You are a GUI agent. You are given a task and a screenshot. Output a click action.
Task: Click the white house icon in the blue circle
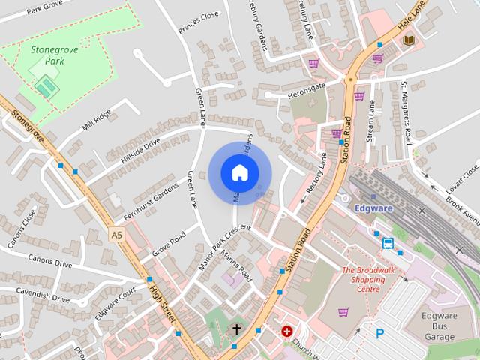point(239,172)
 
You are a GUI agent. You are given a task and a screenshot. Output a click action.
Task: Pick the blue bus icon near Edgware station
point(388,243)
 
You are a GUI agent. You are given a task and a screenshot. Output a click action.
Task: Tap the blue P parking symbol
point(379,333)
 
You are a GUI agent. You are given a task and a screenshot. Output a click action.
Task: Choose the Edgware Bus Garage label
point(438,325)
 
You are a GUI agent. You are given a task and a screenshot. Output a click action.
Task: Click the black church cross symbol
point(236,328)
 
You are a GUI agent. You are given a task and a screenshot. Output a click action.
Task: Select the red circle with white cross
point(286,330)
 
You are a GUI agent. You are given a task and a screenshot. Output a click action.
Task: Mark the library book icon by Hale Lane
point(407,40)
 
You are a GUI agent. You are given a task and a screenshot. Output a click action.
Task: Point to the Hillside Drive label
point(141,149)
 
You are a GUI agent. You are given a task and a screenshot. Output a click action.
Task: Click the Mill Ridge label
point(97,118)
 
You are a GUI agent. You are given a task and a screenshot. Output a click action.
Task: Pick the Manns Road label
point(235,265)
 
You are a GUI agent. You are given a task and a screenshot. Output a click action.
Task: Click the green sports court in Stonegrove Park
point(46,86)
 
